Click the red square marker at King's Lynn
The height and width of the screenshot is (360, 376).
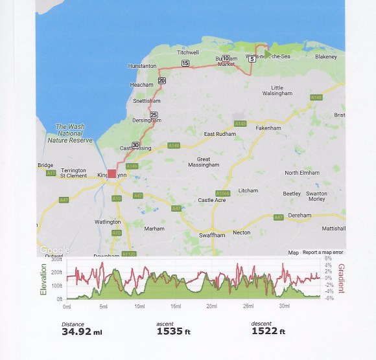click(x=112, y=174)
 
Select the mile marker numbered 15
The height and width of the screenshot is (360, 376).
click(x=185, y=63)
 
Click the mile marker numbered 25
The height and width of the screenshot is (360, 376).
click(x=154, y=115)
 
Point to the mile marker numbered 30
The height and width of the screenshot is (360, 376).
click(x=135, y=144)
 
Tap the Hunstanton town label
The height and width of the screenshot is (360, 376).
click(x=143, y=66)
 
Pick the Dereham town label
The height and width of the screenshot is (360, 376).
click(x=300, y=216)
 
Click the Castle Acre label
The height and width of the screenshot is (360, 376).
click(x=211, y=200)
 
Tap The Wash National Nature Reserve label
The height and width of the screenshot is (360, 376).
click(x=71, y=133)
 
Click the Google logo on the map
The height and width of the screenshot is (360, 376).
click(x=54, y=250)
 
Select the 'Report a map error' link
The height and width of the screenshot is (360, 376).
click(x=323, y=253)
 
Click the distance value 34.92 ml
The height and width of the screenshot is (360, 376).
click(x=81, y=332)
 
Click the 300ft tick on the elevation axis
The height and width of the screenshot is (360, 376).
click(x=57, y=260)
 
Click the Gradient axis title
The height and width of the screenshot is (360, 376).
click(x=340, y=278)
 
